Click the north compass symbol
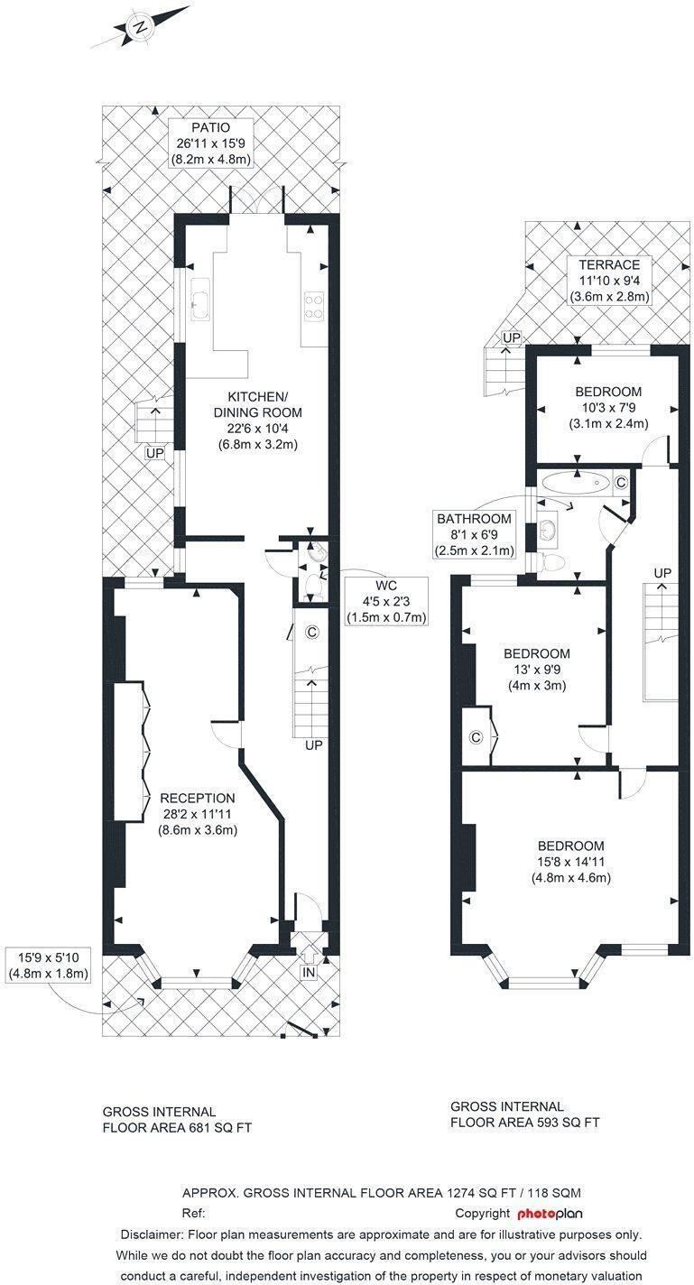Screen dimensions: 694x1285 (x=139, y=28)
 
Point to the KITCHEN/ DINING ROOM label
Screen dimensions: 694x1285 (x=257, y=404)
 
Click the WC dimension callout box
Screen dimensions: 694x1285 (x=386, y=601)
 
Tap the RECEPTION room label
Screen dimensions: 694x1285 (x=198, y=798)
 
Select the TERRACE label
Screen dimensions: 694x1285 (x=609, y=264)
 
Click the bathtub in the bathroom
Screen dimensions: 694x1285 (x=576, y=483)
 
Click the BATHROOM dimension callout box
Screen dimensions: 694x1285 (x=474, y=534)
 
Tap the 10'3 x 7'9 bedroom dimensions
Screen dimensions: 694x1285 (x=608, y=408)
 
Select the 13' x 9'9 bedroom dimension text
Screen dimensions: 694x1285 (x=537, y=670)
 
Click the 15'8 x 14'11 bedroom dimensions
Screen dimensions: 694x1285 (x=570, y=862)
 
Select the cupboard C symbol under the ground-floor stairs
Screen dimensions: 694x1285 (x=311, y=633)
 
